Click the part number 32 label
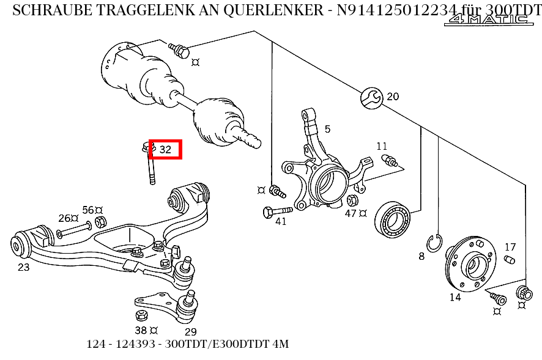click(165, 149)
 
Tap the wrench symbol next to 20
click(371, 97)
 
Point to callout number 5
click(327, 129)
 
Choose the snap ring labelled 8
click(435, 243)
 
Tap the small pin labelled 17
click(509, 261)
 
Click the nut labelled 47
click(352, 200)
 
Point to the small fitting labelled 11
click(389, 161)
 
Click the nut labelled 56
click(102, 221)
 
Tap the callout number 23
click(23, 267)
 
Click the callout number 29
click(190, 332)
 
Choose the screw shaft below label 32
click(150, 167)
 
